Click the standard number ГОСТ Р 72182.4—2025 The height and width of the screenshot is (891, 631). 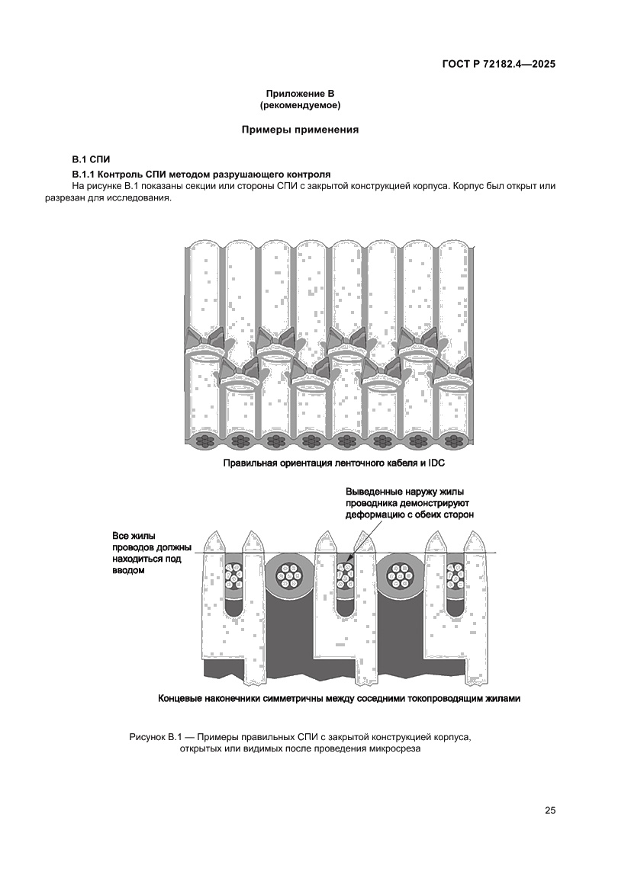click(x=497, y=64)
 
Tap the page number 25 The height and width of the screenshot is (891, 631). click(x=550, y=810)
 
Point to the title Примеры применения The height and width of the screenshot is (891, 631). click(x=300, y=130)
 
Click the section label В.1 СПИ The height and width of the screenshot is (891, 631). click(x=91, y=160)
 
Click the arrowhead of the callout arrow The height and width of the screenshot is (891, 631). click(x=349, y=562)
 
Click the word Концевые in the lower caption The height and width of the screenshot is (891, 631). click(x=181, y=697)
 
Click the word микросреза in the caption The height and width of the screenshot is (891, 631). click(x=394, y=748)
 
